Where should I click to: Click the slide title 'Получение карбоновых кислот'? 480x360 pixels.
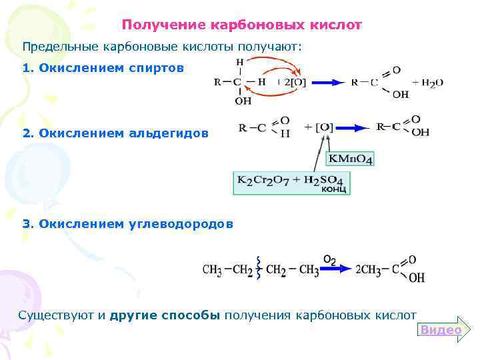[x=242, y=25]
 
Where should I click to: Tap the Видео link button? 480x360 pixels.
[x=441, y=330]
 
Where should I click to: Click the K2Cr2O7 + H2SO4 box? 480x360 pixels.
[x=291, y=181]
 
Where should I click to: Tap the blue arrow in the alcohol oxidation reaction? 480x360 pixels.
[x=325, y=83]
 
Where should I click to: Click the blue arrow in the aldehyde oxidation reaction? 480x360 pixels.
[x=353, y=127]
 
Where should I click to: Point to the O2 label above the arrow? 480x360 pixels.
[x=329, y=258]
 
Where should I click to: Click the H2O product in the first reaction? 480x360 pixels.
[x=432, y=83]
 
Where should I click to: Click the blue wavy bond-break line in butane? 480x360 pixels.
[x=257, y=269]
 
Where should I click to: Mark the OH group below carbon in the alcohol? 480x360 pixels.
[x=243, y=101]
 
